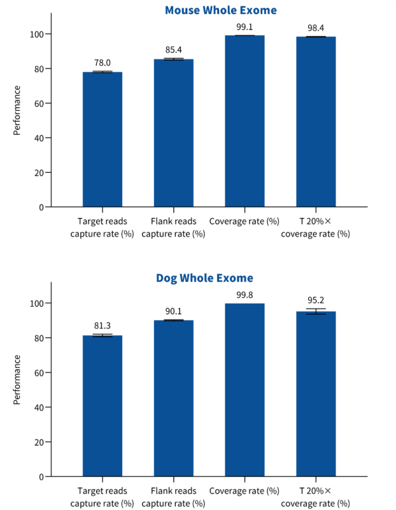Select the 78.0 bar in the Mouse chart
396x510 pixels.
coord(103,140)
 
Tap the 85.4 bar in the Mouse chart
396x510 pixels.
coord(174,134)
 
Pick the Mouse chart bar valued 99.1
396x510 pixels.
coord(245,121)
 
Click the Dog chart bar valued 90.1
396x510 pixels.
coord(174,398)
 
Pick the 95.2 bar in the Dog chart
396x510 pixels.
coord(316,395)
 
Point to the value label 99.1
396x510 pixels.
coord(245,27)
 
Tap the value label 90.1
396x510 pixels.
coord(174,312)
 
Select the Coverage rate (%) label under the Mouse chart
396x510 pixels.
coord(245,222)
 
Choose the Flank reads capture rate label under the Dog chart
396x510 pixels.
coord(174,497)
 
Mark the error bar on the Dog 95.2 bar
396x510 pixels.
coord(316,312)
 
